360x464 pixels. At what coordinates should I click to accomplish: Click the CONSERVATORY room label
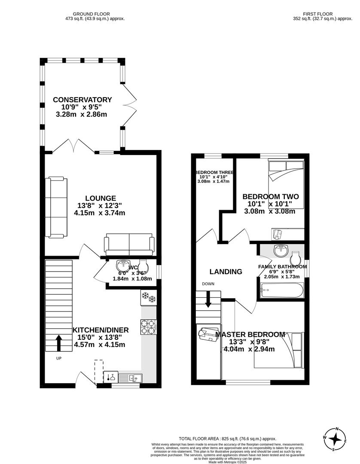tap(82, 100)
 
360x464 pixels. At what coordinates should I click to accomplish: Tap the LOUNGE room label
tap(100, 198)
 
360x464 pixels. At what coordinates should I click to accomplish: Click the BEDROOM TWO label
tap(270, 196)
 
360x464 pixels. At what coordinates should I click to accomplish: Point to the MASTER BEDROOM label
tap(250, 334)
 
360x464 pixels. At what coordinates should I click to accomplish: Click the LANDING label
tap(226, 272)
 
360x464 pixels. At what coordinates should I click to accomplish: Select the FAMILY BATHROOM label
tap(282, 266)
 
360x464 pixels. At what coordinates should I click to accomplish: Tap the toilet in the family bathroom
tap(296, 258)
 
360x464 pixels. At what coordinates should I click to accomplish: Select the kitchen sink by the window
tap(129, 378)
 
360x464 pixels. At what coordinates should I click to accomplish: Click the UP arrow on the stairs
tap(58, 343)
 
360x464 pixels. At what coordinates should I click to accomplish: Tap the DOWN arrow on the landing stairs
tap(208, 299)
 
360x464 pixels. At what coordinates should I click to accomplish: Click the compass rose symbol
tap(335, 439)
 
